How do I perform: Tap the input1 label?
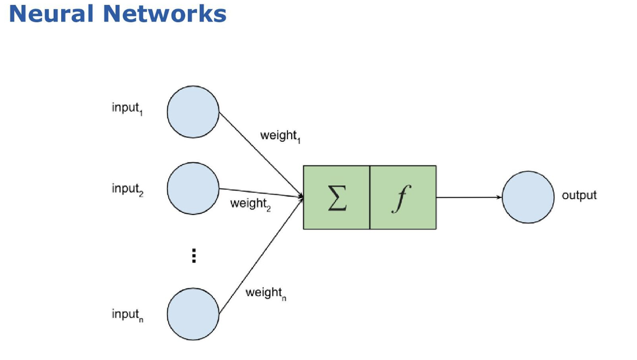pos(127,108)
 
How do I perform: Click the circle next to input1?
pos(193,112)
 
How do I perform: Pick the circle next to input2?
pos(193,189)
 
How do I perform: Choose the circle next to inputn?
pos(193,314)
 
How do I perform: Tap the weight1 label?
pos(280,136)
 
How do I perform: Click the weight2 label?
pos(250,204)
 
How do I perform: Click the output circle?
pos(528,197)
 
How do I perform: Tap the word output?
pos(579,196)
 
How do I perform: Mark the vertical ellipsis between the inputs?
pos(193,256)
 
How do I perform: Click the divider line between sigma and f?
pos(370,198)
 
